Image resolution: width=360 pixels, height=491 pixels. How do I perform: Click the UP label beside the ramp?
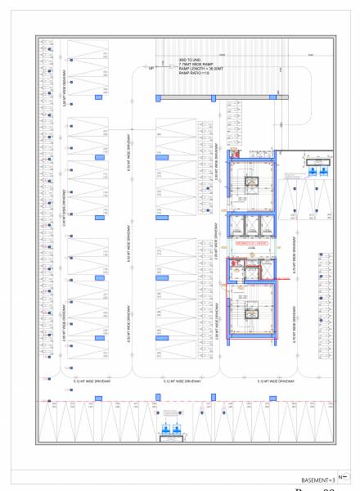click(151, 68)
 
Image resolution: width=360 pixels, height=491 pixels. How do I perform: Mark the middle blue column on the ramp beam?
click(213, 98)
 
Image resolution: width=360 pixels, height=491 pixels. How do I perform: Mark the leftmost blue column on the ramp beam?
click(160, 98)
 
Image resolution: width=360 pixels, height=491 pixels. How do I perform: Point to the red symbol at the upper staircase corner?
click(234, 152)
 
